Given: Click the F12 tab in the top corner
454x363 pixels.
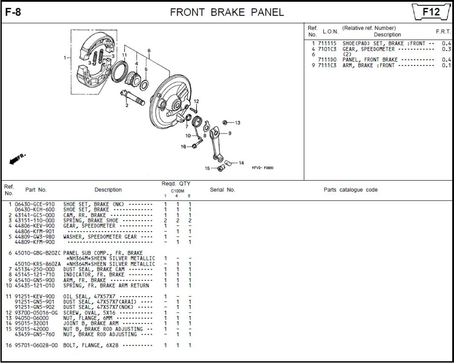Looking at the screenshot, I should pyautogui.click(x=431, y=12).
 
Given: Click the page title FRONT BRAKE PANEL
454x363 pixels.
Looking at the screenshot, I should pyautogui.click(x=227, y=12).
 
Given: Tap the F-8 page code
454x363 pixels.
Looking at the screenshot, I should pyautogui.click(x=13, y=12).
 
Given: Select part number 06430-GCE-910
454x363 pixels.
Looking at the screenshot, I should pyautogui.click(x=35, y=204).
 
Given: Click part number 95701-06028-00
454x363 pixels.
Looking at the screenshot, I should pyautogui.click(x=36, y=345).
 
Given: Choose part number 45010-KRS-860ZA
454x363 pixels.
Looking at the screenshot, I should pyautogui.click(x=36, y=264).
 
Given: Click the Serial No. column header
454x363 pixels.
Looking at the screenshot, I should pyautogui.click(x=222, y=190).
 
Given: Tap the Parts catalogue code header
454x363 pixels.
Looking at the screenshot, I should pyautogui.click(x=350, y=190).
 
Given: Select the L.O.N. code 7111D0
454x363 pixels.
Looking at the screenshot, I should pyautogui.click(x=327, y=60).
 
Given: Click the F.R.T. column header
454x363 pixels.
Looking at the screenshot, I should pyautogui.click(x=443, y=31).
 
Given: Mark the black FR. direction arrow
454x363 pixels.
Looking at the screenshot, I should pyautogui.click(x=17, y=159).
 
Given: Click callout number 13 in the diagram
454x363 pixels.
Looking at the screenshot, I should pyautogui.click(x=238, y=123).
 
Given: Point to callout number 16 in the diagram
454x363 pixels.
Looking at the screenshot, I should pyautogui.click(x=183, y=147).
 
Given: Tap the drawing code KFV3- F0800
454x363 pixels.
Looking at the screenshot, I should pyautogui.click(x=262, y=168).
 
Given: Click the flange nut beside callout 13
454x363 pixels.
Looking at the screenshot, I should pyautogui.click(x=225, y=122).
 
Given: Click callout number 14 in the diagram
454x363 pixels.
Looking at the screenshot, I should pyautogui.click(x=241, y=163).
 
